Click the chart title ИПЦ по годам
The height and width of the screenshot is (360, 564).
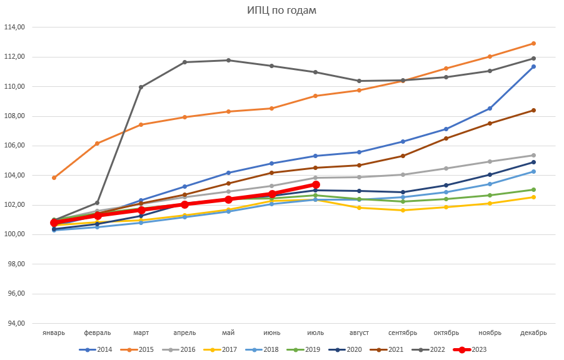[281, 10]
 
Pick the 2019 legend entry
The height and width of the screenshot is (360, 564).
[312, 349]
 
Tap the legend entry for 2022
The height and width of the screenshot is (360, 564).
[437, 349]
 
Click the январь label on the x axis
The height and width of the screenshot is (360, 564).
[54, 332]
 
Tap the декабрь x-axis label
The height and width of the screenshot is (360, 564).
[533, 332]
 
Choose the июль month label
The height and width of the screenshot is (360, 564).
[315, 332]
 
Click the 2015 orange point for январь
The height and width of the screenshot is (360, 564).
[54, 177]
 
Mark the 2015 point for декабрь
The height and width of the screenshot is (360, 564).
[533, 43]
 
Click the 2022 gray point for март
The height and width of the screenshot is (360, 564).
[141, 87]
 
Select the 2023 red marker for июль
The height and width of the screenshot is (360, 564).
[316, 184]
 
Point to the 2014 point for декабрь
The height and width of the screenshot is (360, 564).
[533, 66]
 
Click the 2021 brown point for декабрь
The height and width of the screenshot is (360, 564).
[533, 110]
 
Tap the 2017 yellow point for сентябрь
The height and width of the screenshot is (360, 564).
[403, 210]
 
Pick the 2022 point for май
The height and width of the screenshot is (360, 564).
[228, 60]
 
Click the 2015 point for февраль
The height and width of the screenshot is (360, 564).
[97, 143]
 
